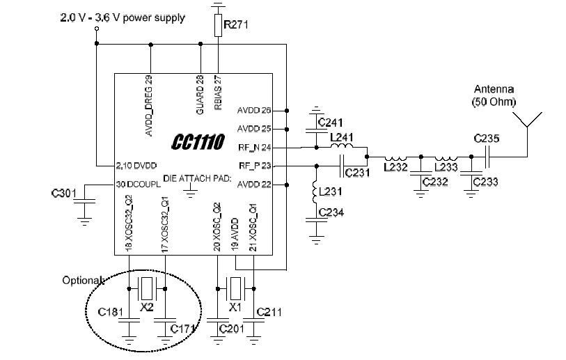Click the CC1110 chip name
198,141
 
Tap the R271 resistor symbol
218,25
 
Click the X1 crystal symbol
236,288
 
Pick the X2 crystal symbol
147,288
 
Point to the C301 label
64,194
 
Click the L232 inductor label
395,167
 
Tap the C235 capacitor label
487,139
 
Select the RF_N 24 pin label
255,148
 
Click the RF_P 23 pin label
255,166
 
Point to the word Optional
83,280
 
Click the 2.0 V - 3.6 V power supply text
123,17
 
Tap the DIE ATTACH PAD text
197,178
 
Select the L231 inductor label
331,191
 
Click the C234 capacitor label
331,212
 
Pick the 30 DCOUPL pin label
139,184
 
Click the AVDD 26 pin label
254,110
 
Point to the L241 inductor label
342,137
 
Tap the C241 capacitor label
330,123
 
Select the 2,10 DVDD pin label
136,166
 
